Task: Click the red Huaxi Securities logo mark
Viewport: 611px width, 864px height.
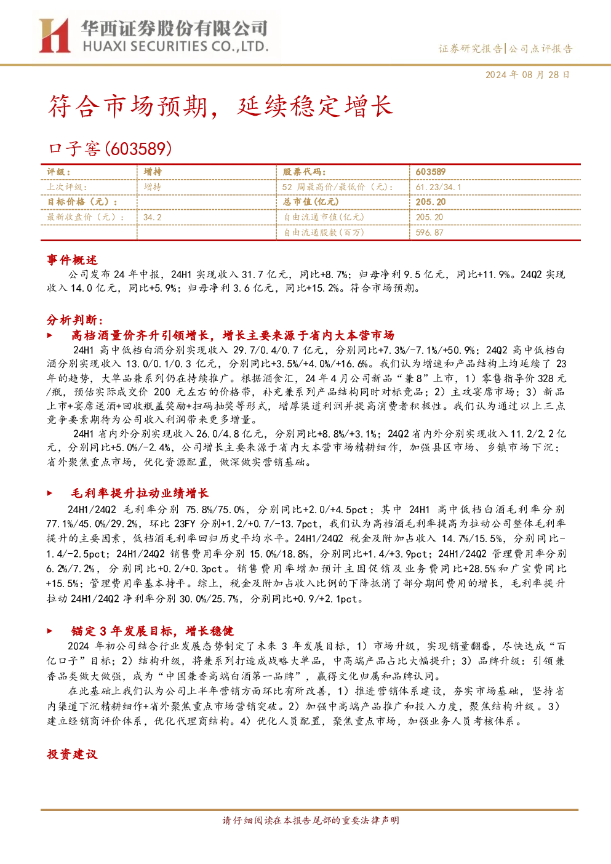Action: (x=55, y=36)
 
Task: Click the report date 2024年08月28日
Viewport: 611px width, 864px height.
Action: (x=527, y=75)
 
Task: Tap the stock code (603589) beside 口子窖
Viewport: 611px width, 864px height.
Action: (x=138, y=149)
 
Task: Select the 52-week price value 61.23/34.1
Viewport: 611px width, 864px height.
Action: (x=438, y=188)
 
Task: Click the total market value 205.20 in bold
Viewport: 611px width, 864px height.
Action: (x=431, y=202)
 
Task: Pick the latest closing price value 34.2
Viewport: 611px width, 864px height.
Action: (x=153, y=218)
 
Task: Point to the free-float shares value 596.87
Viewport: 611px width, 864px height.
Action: (x=429, y=233)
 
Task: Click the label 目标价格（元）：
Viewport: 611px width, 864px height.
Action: (x=82, y=202)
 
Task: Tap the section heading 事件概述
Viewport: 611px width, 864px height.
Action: (x=72, y=260)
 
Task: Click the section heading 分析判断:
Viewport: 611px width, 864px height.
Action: (x=75, y=320)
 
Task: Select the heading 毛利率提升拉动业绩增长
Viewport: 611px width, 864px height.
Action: (x=140, y=493)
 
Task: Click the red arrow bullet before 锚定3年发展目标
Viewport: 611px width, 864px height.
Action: (x=50, y=631)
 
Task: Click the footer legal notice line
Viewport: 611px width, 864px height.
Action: (x=311, y=820)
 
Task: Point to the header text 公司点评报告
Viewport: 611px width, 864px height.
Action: (x=540, y=49)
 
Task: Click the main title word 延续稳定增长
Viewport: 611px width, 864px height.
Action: (x=315, y=106)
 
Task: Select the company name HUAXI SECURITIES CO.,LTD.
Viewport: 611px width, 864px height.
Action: (x=175, y=47)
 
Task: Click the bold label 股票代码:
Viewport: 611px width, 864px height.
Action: (x=305, y=172)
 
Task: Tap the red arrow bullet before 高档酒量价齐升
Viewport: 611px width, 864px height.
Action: (x=50, y=335)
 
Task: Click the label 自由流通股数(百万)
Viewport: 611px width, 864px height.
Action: (x=324, y=233)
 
